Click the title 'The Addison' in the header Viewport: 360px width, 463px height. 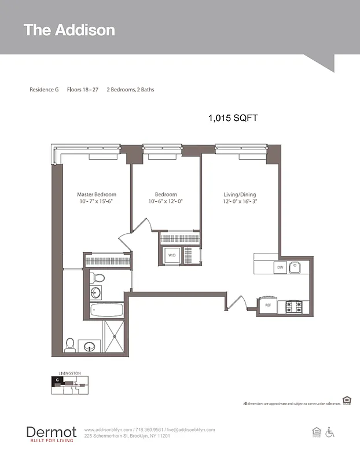69,30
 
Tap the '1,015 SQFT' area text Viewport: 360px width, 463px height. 233,117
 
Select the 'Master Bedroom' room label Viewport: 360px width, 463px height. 97,194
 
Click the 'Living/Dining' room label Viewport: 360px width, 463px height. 240,194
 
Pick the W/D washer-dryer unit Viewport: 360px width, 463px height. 172,255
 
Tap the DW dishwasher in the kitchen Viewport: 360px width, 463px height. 280,267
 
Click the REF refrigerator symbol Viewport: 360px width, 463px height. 268,305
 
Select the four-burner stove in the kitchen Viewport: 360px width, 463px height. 294,306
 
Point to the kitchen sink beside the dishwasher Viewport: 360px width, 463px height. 295,267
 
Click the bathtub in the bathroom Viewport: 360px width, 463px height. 107,310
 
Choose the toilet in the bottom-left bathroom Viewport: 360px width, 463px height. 70,345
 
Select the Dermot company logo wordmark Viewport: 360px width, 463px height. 51,432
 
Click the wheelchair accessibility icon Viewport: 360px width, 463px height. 330,432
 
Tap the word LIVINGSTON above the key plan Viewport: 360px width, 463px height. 69,374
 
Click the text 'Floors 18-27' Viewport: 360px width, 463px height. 83,90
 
